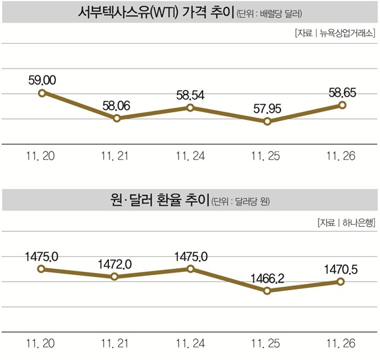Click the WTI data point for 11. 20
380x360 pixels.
coord(42,93)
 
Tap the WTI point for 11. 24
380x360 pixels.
coord(191,108)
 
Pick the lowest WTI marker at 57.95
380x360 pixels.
coord(267,121)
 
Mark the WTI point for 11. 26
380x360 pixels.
coord(342,105)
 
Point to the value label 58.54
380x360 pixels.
coord(191,94)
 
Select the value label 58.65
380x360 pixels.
coord(343,92)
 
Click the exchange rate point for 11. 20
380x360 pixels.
coord(42,269)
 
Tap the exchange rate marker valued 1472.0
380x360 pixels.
coord(115,277)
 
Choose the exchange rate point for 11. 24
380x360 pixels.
coord(191,269)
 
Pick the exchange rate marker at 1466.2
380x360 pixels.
coord(267,291)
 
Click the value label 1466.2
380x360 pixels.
coord(267,278)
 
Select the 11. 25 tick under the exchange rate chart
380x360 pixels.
coord(267,342)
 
